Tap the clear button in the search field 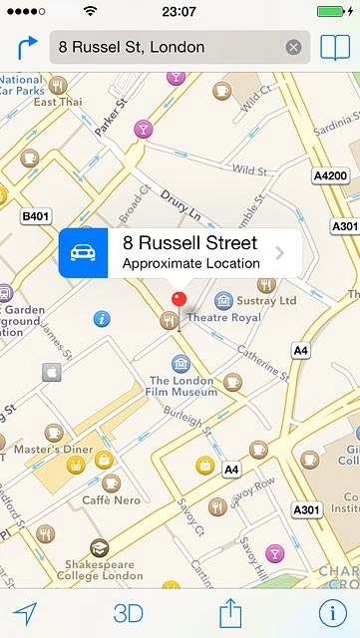coord(293,47)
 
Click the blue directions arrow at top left coord(26,47)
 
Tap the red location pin coord(180,297)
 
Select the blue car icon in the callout coord(84,253)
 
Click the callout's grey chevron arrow coord(280,253)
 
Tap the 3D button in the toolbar coord(129,613)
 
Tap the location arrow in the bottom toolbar coord(25,613)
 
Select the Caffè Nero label coord(110,499)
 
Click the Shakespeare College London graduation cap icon coord(98,547)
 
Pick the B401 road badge coord(35,214)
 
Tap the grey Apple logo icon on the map coord(52,372)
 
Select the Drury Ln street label coord(182,212)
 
